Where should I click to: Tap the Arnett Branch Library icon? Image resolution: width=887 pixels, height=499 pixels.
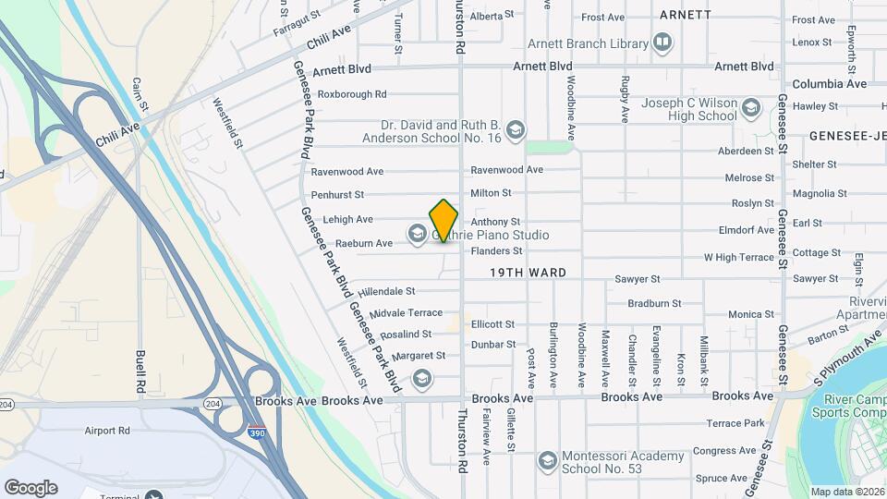(x=662, y=43)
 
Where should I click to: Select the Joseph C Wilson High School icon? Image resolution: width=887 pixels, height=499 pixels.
(x=751, y=109)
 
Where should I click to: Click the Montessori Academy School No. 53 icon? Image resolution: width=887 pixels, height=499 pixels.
(x=547, y=460)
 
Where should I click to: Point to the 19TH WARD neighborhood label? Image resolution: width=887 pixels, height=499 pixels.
(x=528, y=273)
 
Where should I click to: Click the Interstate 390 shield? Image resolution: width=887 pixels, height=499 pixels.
(x=257, y=432)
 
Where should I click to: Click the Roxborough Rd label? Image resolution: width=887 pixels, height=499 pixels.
(x=352, y=94)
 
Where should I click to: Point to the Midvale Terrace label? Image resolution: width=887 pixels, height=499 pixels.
(x=407, y=313)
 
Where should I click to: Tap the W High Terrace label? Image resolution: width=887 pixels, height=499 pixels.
(x=739, y=257)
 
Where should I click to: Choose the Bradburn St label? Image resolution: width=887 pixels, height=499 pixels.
(x=654, y=303)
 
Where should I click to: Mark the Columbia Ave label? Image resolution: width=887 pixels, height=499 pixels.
(x=830, y=84)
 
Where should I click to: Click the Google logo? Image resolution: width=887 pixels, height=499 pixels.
(x=30, y=488)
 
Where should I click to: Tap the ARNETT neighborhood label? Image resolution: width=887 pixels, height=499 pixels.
(x=686, y=15)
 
